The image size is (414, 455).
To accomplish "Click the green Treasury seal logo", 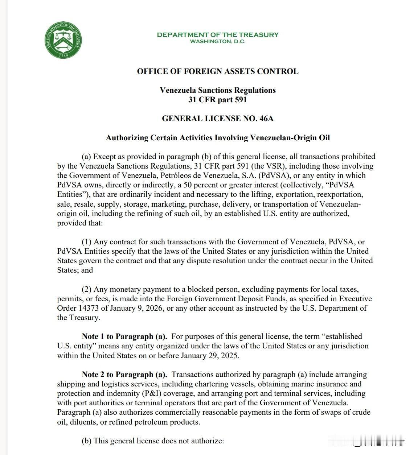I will click(64, 40).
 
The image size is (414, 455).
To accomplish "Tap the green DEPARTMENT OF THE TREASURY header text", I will click(218, 35).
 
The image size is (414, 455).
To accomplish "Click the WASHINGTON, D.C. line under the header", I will click(218, 41).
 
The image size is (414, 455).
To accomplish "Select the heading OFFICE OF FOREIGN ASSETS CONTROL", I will click(218, 71).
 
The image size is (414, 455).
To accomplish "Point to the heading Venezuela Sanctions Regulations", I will click(218, 90).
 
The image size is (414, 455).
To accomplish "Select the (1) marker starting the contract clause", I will click(87, 242).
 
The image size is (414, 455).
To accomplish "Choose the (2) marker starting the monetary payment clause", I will click(87, 289).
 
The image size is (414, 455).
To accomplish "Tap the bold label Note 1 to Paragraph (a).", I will click(124, 336).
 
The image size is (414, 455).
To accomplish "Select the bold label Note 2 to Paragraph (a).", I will click(124, 375).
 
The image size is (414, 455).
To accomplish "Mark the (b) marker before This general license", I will click(87, 441).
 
